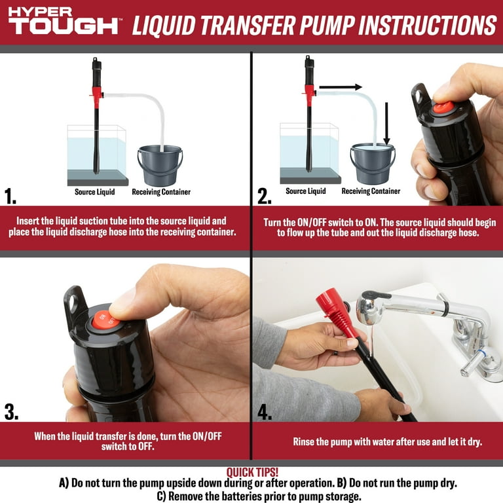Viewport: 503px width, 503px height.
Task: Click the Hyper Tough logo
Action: pyautogui.click(x=64, y=20)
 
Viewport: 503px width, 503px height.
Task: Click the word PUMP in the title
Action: pyautogui.click(x=327, y=25)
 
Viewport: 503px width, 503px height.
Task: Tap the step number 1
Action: pyautogui.click(x=10, y=196)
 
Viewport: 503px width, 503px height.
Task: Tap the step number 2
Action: pyautogui.click(x=264, y=196)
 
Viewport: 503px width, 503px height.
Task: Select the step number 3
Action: pyautogui.click(x=11, y=412)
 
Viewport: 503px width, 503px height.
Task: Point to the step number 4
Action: pyautogui.click(x=265, y=412)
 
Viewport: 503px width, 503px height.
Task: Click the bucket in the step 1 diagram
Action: pyautogui.click(x=160, y=166)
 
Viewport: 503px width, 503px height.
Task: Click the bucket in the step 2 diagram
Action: pyautogui.click(x=373, y=164)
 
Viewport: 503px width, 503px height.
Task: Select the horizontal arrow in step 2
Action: pyautogui.click(x=341, y=87)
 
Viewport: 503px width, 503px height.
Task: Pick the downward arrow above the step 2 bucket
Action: pyautogui.click(x=386, y=124)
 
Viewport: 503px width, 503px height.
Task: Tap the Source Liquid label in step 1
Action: pyautogui.click(x=94, y=192)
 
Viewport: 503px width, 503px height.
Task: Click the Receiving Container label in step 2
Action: pyautogui.click(x=371, y=191)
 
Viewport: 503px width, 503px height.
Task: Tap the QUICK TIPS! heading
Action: pyautogui.click(x=252, y=472)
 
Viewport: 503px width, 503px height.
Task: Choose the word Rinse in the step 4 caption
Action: pyautogui.click(x=303, y=441)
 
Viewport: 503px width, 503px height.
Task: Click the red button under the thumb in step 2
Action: pyautogui.click(x=442, y=107)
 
